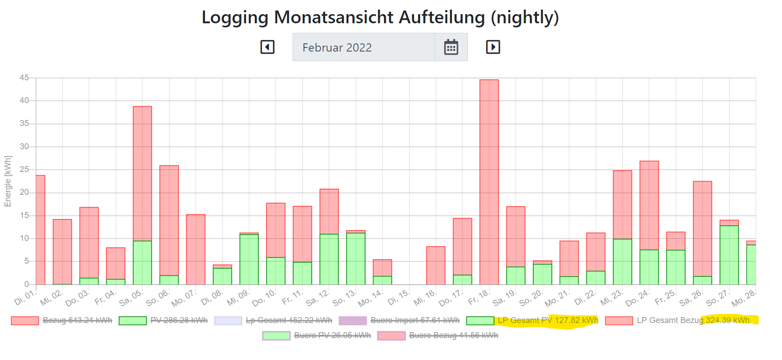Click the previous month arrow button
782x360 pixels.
[x=268, y=47]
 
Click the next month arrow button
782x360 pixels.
[x=493, y=47]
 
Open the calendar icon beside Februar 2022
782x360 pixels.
[x=451, y=47]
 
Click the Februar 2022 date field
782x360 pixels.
[x=363, y=47]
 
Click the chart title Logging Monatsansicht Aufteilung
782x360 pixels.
[x=380, y=17]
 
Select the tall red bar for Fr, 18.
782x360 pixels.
[x=489, y=183]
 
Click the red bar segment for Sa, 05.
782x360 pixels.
[x=142, y=173]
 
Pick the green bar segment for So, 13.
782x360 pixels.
[x=356, y=258]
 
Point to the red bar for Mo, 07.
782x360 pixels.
[x=196, y=249]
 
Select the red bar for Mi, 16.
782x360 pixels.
[x=436, y=265]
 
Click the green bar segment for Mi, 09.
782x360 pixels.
[x=249, y=259]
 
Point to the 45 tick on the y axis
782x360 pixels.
[x=24, y=78]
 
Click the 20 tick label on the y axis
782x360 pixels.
[x=24, y=193]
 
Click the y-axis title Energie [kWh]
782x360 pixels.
[x=8, y=181]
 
